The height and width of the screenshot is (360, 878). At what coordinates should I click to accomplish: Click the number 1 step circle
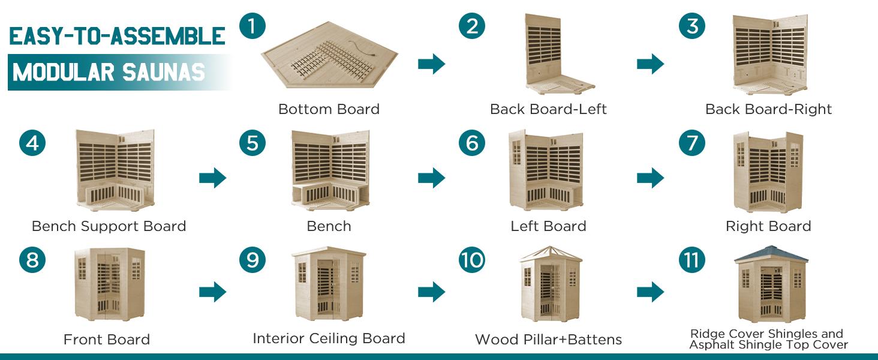point(252,27)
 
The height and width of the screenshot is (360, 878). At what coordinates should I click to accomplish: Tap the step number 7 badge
point(692,143)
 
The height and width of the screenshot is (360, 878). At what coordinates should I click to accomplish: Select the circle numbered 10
point(472,260)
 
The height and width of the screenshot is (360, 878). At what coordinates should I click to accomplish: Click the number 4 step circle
point(32,143)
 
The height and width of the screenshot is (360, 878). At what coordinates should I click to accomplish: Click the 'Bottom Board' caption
point(329,109)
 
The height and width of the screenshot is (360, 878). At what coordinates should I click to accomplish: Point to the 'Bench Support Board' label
point(109,226)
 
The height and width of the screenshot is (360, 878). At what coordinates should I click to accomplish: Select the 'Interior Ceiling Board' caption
point(329,338)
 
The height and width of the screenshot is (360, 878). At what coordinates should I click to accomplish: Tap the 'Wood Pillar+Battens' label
point(548,340)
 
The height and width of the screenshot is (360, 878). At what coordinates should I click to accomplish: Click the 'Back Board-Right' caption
point(768,109)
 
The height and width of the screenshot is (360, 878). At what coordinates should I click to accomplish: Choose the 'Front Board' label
point(107,340)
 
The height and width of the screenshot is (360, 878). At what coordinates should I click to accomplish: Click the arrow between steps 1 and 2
point(431,64)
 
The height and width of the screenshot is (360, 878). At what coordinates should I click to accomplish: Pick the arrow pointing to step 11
point(651,292)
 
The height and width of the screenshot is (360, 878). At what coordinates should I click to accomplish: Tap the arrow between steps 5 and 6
point(431,178)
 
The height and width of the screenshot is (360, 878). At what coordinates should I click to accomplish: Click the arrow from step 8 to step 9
point(212,292)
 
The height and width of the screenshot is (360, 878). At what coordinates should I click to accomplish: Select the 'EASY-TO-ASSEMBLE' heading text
point(118,37)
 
